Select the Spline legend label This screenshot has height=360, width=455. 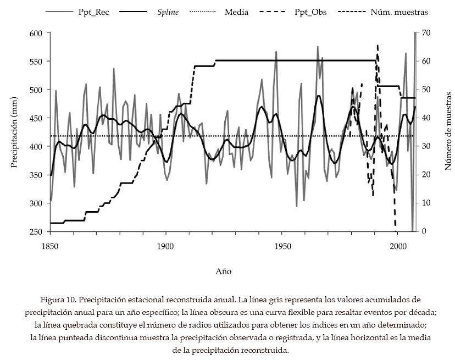pyautogui.click(x=167, y=12)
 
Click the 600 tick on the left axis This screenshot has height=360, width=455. pyautogui.click(x=36, y=33)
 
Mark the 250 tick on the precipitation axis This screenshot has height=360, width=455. pyautogui.click(x=36, y=231)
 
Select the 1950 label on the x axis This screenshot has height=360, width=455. pyautogui.click(x=282, y=247)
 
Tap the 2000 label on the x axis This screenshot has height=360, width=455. pyautogui.click(x=397, y=247)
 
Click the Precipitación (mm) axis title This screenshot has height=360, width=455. pyautogui.click(x=14, y=132)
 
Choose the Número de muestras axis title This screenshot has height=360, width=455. pyautogui.click(x=448, y=132)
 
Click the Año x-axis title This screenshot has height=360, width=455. pyautogui.click(x=223, y=271)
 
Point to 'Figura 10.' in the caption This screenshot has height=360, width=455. pyautogui.click(x=58, y=300)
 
